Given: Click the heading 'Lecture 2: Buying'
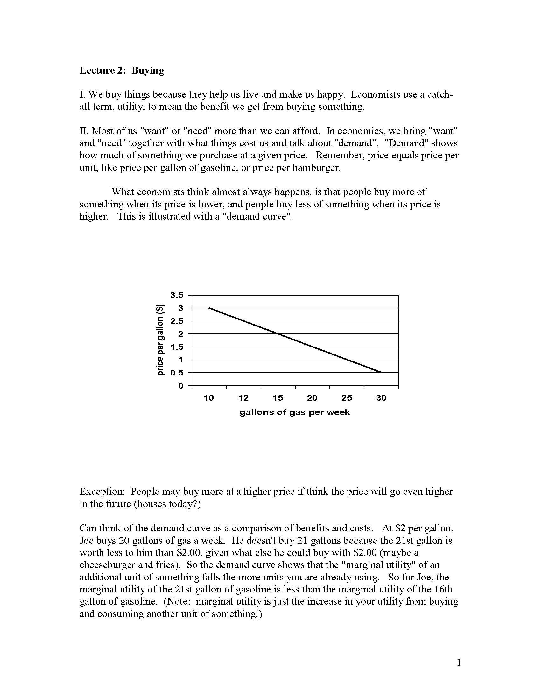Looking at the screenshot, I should pos(122,70).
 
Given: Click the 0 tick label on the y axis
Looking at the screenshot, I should pos(180,386).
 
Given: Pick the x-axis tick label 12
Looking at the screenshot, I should pos(243,398).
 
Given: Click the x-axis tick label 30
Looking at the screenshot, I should pos(381,398).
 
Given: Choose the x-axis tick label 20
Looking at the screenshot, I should pos(312,398).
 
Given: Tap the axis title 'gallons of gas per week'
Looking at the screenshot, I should pos(295,412).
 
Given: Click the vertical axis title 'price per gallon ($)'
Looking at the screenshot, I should pos(160,340).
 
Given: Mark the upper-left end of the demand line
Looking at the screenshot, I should pos(209,308).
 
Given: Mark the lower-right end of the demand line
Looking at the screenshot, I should pos(381,373).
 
